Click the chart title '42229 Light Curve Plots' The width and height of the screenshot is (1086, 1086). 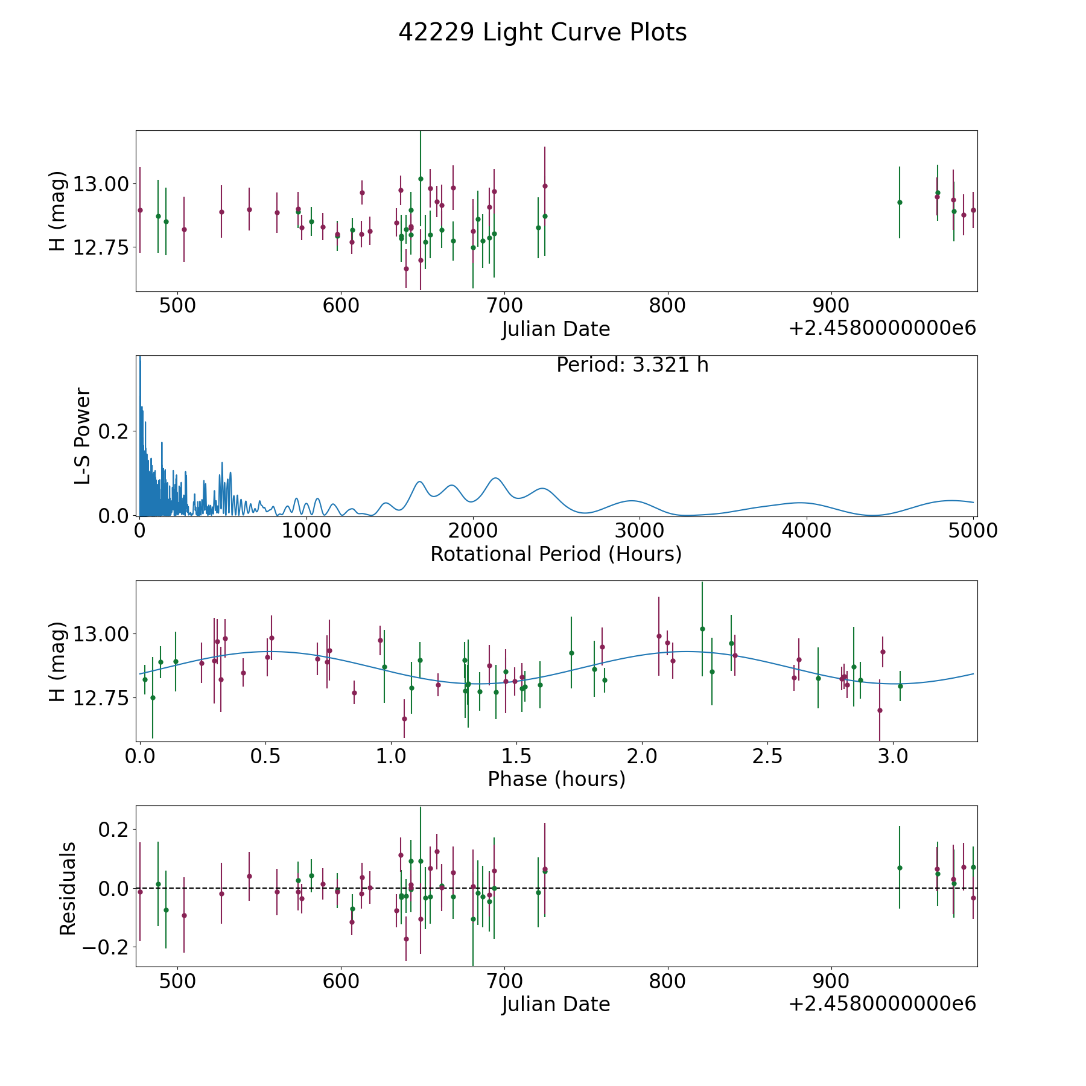542,33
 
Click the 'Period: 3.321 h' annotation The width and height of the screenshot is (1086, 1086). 632,365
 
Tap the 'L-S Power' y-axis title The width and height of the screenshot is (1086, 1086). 83,436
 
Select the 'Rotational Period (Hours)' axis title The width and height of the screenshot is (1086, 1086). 556,554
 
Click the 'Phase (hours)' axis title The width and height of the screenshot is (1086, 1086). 556,779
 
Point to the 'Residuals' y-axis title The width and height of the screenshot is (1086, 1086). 68,888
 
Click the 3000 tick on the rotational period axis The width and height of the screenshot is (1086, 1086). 640,530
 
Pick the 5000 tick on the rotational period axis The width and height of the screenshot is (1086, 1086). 973,530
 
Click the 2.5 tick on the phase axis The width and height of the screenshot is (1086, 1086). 767,756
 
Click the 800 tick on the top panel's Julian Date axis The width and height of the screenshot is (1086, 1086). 667,306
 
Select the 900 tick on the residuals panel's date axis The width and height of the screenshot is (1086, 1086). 831,981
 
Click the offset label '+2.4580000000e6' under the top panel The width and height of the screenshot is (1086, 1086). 882,328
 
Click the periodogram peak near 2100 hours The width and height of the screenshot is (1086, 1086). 495,478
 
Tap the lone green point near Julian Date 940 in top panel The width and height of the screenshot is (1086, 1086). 899,202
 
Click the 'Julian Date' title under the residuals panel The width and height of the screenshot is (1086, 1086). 556,1004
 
